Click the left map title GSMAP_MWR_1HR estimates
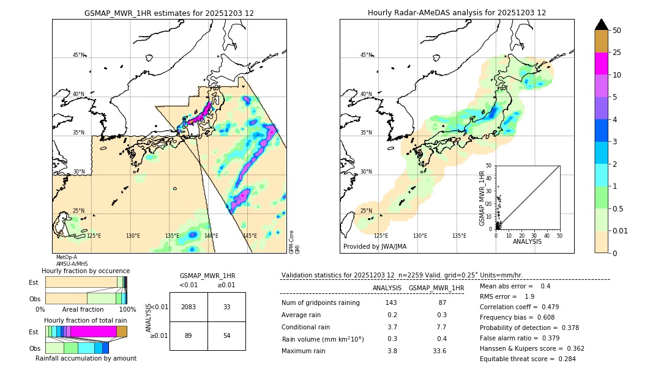click(x=169, y=13)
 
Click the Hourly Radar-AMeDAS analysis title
click(x=457, y=13)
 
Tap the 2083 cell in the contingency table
click(x=189, y=307)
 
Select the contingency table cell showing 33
click(x=226, y=307)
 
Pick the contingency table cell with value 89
click(x=189, y=337)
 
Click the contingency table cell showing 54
click(x=226, y=337)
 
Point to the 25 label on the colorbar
click(x=617, y=53)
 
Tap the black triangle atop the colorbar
click(x=601, y=24)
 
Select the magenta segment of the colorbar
click(x=601, y=64)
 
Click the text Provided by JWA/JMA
click(x=375, y=246)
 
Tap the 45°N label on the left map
click(x=78, y=55)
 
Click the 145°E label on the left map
click(x=250, y=235)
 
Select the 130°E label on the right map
click(x=420, y=235)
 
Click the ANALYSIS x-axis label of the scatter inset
click(x=527, y=241)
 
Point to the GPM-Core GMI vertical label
click(x=293, y=242)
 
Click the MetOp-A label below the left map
click(x=67, y=257)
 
